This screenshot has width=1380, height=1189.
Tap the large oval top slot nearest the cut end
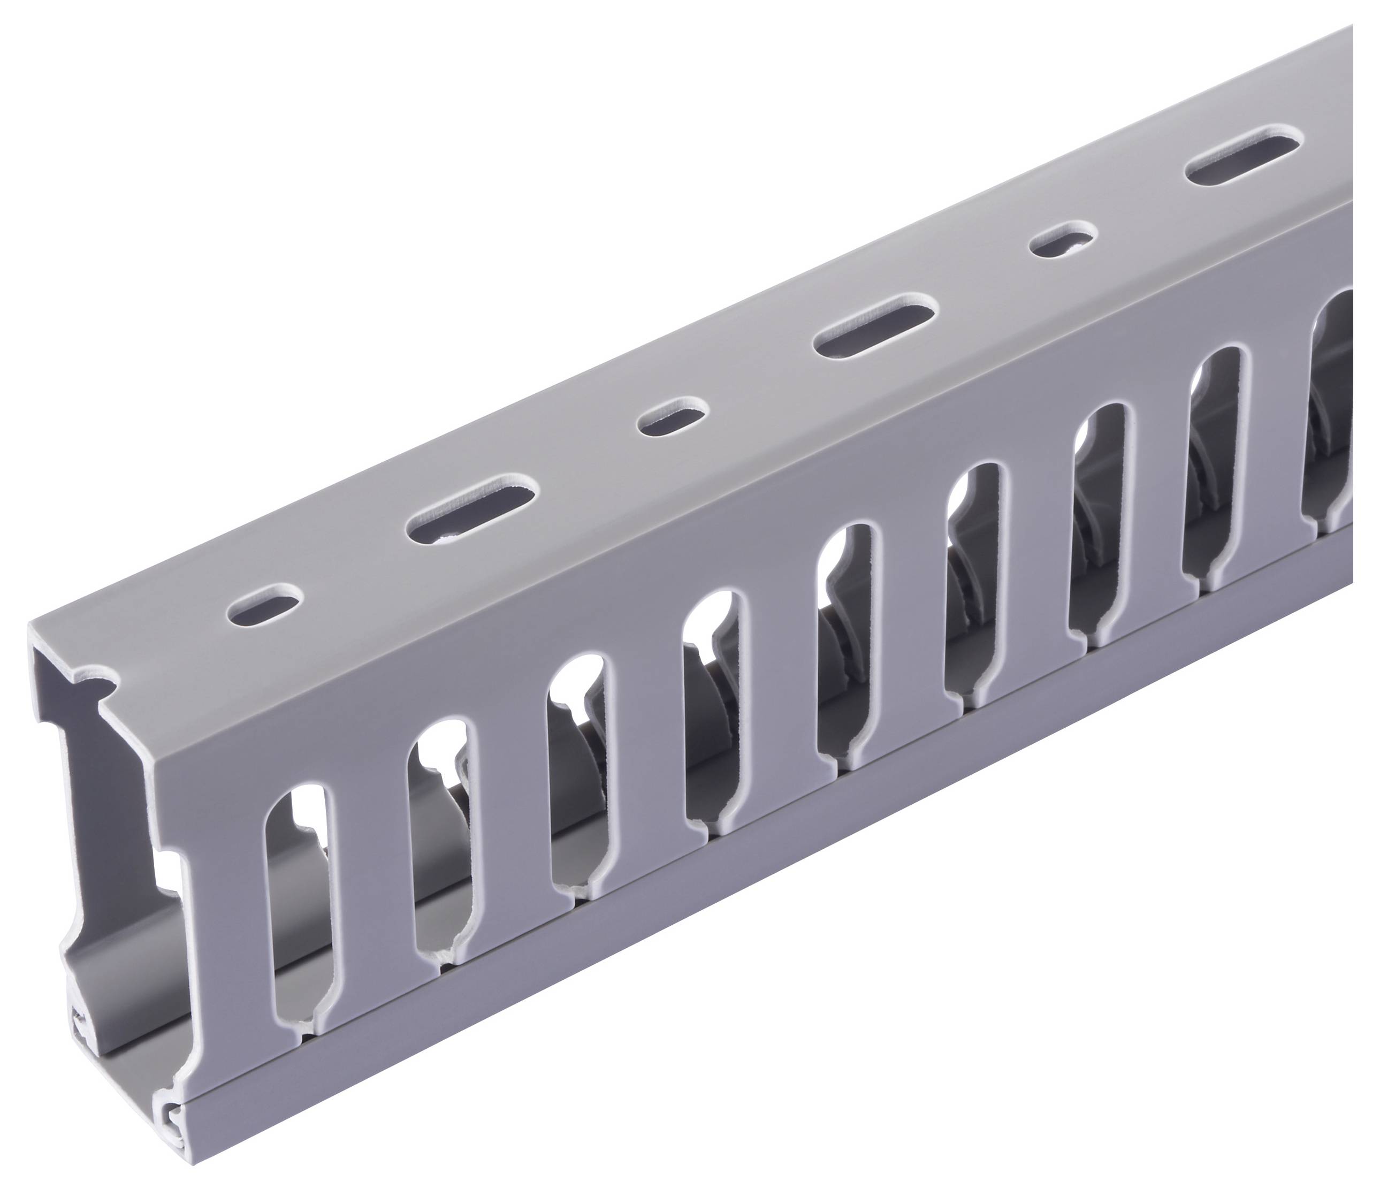pyautogui.click(x=472, y=501)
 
